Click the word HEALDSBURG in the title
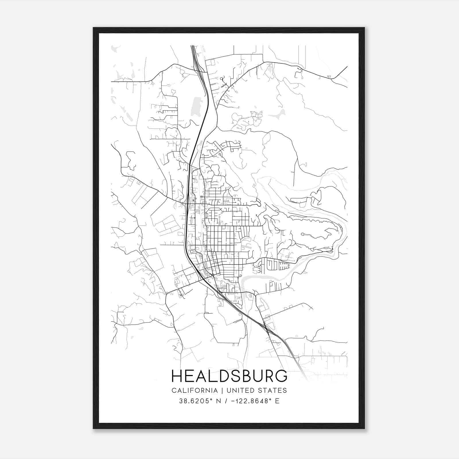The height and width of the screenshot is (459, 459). [x=229, y=376]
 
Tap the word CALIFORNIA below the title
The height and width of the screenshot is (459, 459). [x=194, y=390]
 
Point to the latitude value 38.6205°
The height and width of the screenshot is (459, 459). [x=196, y=401]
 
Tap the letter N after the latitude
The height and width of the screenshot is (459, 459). [x=219, y=401]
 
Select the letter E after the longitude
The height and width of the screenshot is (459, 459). [x=277, y=401]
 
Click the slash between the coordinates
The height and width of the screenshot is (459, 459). [x=226, y=401]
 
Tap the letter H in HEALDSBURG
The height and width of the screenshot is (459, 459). [x=177, y=376]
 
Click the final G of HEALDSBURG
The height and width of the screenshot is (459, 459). [x=281, y=376]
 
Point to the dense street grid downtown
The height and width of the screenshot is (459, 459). [x=221, y=238]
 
